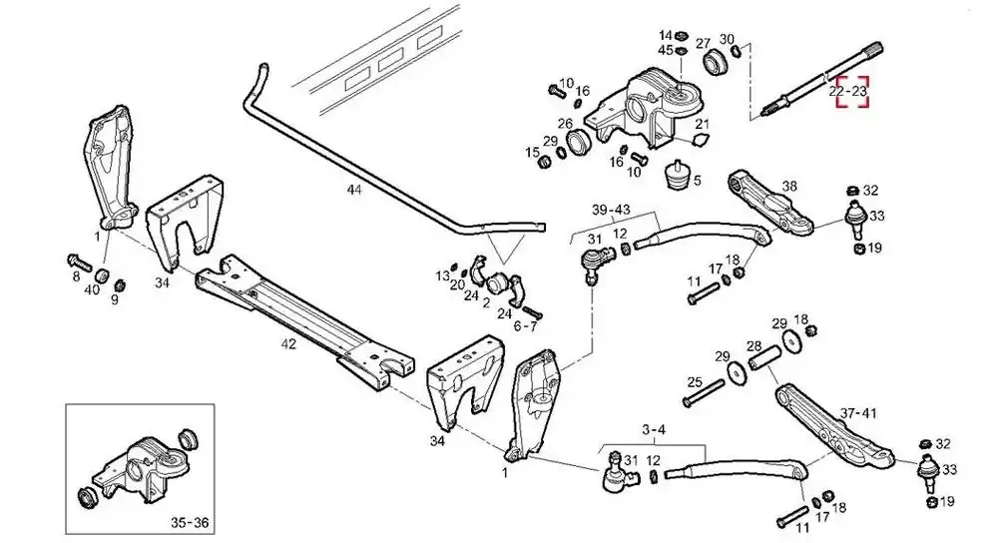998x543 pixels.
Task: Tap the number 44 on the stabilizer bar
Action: click(x=354, y=189)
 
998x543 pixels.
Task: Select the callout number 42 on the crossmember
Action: click(x=289, y=343)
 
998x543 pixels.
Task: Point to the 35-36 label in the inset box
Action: click(x=190, y=523)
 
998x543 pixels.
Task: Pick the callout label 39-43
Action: click(x=611, y=210)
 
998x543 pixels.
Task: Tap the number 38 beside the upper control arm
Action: click(x=789, y=186)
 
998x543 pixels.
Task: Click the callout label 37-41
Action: click(x=858, y=413)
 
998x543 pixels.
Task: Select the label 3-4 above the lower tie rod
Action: click(x=654, y=429)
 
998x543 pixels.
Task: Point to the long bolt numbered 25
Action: click(x=704, y=393)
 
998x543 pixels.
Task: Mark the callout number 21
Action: click(x=702, y=124)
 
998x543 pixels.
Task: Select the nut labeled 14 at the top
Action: click(x=680, y=34)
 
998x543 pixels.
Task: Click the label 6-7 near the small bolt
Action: click(x=525, y=326)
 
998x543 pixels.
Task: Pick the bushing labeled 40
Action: click(x=102, y=276)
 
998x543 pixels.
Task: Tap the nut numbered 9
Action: click(x=119, y=284)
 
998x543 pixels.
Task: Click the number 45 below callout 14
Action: click(x=666, y=50)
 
